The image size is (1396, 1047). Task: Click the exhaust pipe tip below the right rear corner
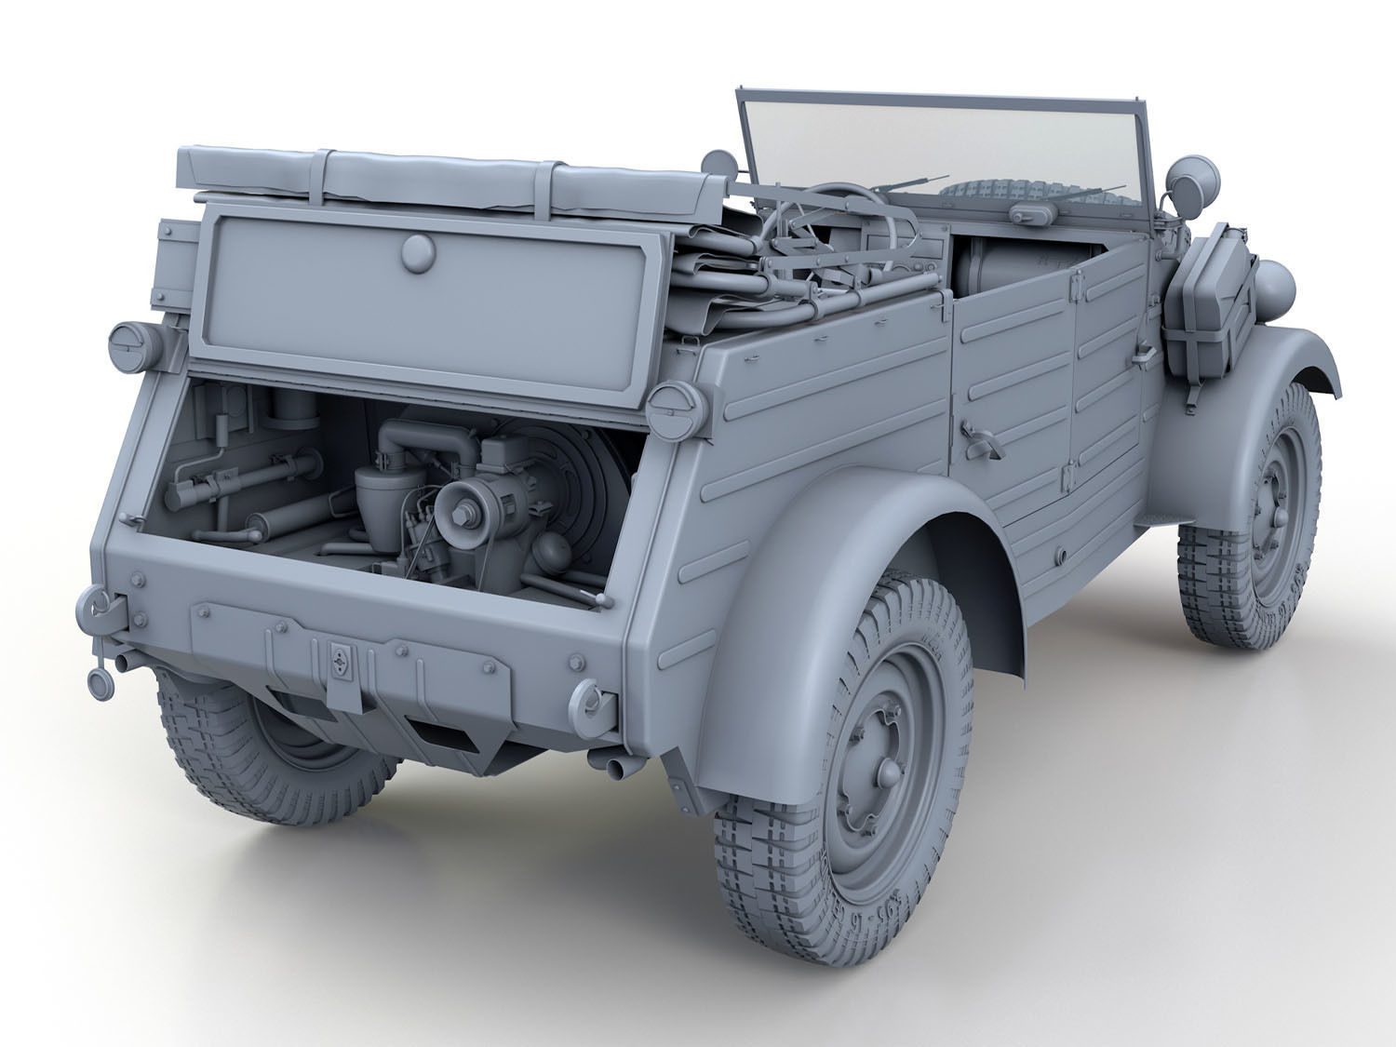pos(615,765)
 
